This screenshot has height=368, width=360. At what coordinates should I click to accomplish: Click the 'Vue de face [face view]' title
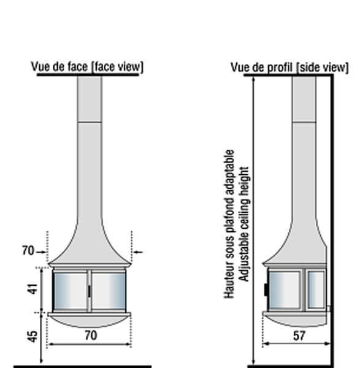(87, 67)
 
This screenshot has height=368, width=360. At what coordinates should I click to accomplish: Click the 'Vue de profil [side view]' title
(289, 67)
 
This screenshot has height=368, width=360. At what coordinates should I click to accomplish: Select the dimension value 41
(33, 289)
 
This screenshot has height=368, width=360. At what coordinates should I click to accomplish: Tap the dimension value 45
(33, 337)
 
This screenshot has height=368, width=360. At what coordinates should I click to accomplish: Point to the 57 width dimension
(299, 336)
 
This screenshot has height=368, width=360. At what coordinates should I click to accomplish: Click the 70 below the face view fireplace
(91, 335)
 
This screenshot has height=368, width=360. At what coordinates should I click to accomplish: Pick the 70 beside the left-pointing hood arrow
(28, 250)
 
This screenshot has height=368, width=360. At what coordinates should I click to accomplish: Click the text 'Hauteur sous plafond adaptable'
(229, 224)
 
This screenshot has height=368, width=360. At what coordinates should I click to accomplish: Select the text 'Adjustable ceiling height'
(244, 224)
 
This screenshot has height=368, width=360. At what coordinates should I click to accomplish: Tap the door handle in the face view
(89, 291)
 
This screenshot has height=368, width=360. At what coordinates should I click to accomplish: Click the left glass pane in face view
(71, 291)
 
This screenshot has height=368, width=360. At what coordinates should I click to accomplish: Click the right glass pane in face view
(109, 291)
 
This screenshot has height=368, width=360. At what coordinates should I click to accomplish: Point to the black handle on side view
(267, 289)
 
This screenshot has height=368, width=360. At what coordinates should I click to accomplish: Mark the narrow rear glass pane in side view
(316, 289)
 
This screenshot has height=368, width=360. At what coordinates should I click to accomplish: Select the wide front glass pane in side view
(285, 289)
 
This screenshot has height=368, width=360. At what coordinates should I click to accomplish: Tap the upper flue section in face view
(90, 99)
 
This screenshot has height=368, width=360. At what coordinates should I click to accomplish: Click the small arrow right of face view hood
(137, 252)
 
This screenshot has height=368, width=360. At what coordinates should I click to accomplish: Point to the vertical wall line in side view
(332, 221)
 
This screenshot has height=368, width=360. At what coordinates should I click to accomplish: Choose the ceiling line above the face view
(88, 75)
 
